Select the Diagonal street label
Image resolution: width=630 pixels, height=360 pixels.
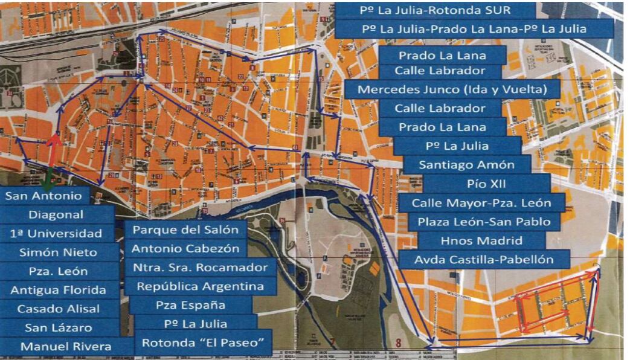click(x=56, y=214)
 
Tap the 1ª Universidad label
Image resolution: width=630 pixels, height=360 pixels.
click(x=56, y=233)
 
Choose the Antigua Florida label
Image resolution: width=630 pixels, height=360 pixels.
click(x=58, y=290)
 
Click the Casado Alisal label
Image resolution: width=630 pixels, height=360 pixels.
click(x=58, y=309)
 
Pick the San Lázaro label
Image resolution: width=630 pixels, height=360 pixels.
click(x=58, y=327)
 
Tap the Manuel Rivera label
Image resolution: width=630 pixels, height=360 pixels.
click(x=66, y=347)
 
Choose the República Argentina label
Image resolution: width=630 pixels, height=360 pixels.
click(x=201, y=286)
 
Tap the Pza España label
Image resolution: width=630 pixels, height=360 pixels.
click(x=190, y=305)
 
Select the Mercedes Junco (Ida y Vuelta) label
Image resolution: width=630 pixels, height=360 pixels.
click(x=452, y=89)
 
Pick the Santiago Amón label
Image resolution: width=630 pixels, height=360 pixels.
click(x=468, y=164)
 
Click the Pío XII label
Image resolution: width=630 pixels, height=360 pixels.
click(x=486, y=183)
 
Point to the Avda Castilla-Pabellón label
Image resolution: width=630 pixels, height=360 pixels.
click(x=484, y=260)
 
